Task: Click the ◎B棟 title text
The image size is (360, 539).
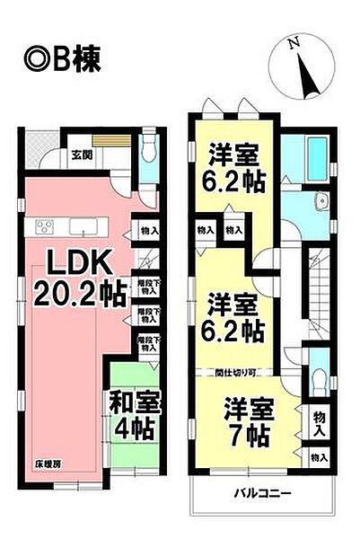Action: pos(57,60)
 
